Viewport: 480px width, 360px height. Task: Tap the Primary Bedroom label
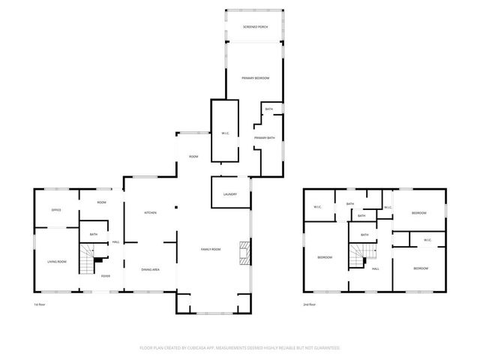255,78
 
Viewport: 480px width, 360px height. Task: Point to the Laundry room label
230,194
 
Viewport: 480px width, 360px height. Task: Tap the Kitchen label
150,213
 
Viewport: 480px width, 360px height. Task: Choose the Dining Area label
150,269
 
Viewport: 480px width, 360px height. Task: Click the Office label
55,210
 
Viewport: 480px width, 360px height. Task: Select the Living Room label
58,261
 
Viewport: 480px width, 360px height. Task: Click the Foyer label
106,276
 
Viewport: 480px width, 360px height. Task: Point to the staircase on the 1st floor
89,262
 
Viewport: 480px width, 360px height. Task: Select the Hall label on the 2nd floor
375,268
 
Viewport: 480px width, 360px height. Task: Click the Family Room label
211,249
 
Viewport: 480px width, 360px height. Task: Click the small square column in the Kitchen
176,208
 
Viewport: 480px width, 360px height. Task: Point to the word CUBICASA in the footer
213,348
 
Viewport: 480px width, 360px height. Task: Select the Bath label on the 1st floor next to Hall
94,235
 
